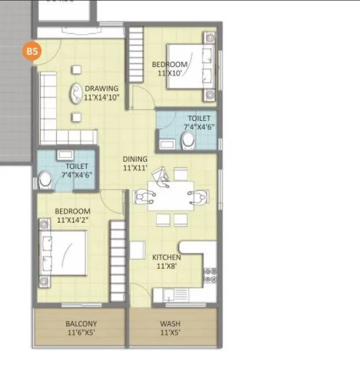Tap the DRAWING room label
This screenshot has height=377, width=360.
[x=101, y=88]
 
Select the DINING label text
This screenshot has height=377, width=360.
[x=135, y=159]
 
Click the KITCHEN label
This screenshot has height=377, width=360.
[x=167, y=257]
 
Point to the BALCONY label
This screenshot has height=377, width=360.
[x=81, y=324]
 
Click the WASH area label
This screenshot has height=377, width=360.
[x=172, y=324]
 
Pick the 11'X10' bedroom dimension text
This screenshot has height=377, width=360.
[x=170, y=73]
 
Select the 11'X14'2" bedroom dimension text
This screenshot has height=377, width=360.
[x=73, y=220]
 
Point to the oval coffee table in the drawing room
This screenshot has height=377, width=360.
[x=76, y=94]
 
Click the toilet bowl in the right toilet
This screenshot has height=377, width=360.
[x=188, y=140]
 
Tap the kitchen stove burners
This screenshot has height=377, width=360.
[x=210, y=275]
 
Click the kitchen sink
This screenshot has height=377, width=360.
[x=169, y=295]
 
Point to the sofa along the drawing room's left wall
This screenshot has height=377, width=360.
[x=48, y=104]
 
